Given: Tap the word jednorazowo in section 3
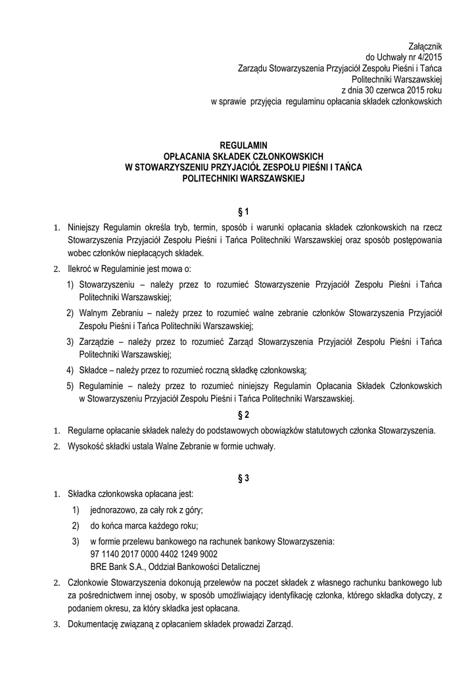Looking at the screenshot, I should (x=113, y=510).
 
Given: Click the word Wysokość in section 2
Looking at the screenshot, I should (x=86, y=447).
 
